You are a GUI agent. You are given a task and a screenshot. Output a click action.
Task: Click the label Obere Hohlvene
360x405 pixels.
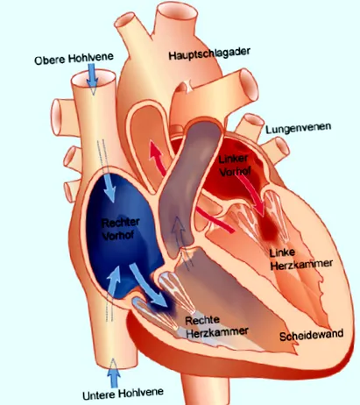pyautogui.click(x=74, y=58)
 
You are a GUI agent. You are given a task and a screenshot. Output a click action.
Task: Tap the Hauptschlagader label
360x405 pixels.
pyautogui.click(x=209, y=53)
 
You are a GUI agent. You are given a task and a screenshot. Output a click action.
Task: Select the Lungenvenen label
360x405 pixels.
pyautogui.click(x=298, y=128)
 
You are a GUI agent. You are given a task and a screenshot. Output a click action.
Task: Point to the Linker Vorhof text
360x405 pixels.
pyautogui.click(x=235, y=165)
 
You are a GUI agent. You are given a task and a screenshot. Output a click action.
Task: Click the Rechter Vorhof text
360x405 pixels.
pyautogui.click(x=120, y=229)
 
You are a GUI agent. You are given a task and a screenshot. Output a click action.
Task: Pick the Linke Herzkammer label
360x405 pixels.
pyautogui.click(x=300, y=259)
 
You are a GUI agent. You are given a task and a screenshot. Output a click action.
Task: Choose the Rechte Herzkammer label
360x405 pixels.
pyautogui.click(x=216, y=326)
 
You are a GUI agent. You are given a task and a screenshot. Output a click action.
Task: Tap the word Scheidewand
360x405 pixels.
pyautogui.click(x=311, y=335)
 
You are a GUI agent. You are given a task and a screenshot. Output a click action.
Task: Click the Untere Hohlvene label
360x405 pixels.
pyautogui.click(x=123, y=394)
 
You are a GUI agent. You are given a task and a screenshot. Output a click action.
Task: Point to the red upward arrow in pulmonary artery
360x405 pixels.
pyautogui.click(x=157, y=158)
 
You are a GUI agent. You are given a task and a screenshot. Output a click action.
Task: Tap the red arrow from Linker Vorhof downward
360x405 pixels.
pyautogui.click(x=253, y=195)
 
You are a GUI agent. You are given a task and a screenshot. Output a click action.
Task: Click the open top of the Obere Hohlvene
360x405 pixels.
pyautogui.click(x=93, y=78)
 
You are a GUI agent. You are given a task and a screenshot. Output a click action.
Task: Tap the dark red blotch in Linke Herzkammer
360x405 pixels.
pyautogui.click(x=269, y=229)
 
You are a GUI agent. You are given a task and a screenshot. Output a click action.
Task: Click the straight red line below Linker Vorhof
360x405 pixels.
pyautogui.click(x=215, y=219)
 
